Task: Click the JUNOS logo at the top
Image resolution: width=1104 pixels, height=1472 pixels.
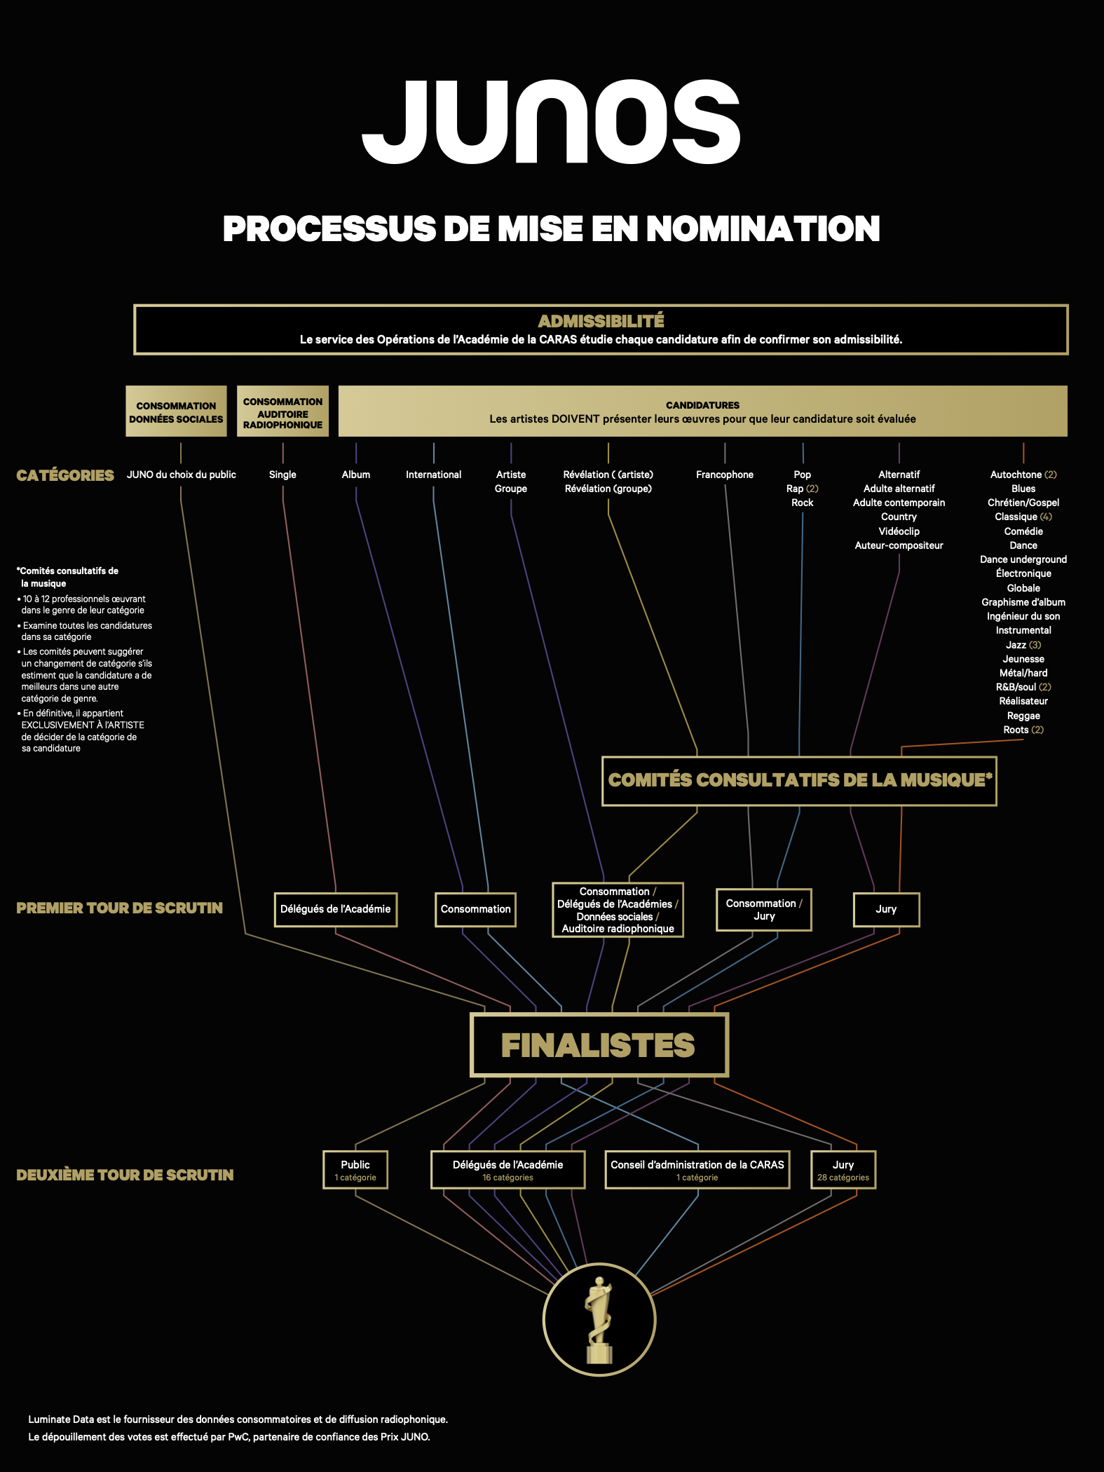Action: tap(551, 122)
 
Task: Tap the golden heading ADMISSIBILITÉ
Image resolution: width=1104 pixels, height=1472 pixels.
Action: tap(601, 321)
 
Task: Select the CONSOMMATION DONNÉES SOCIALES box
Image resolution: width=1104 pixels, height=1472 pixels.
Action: tap(176, 411)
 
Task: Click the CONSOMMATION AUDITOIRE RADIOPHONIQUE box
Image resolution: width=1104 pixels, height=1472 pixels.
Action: tap(282, 411)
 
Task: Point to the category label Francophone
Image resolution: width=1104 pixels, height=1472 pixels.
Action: tap(725, 475)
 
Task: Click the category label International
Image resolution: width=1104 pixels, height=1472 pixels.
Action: tap(433, 475)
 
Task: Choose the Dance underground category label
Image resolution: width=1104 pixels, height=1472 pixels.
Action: tap(1023, 559)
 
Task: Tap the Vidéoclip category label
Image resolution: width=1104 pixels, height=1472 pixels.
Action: tap(899, 531)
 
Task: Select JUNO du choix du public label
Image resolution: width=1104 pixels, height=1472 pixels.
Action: tap(182, 475)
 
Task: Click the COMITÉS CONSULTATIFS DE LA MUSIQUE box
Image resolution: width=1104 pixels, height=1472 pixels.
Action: tap(799, 781)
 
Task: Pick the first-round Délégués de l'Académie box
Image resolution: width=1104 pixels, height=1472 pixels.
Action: tap(336, 909)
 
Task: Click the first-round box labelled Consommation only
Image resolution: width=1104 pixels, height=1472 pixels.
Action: tap(475, 909)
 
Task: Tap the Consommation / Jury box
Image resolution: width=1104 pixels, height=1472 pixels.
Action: tap(764, 910)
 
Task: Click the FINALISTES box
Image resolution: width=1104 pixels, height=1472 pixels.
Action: tap(599, 1045)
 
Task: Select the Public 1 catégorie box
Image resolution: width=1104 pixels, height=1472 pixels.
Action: tap(355, 1170)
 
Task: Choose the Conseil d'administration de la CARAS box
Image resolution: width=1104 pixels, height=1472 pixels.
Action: tap(697, 1170)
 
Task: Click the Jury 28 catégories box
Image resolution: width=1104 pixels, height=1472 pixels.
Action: tap(843, 1170)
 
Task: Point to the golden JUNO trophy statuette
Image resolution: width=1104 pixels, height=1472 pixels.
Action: tap(599, 1321)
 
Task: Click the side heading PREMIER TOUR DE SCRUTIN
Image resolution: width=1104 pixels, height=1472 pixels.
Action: tap(119, 908)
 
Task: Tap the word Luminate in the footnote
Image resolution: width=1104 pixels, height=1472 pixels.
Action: tap(50, 1419)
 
